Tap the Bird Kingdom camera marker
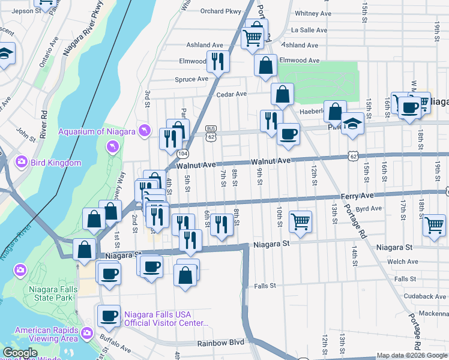tap(22, 162)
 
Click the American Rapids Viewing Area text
tap(46, 334)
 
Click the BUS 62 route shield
tap(210, 133)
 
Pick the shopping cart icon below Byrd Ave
tap(300, 221)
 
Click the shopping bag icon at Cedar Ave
tap(282, 94)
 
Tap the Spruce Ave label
tap(191, 79)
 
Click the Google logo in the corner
tap(21, 353)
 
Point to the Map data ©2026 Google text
tap(412, 355)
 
